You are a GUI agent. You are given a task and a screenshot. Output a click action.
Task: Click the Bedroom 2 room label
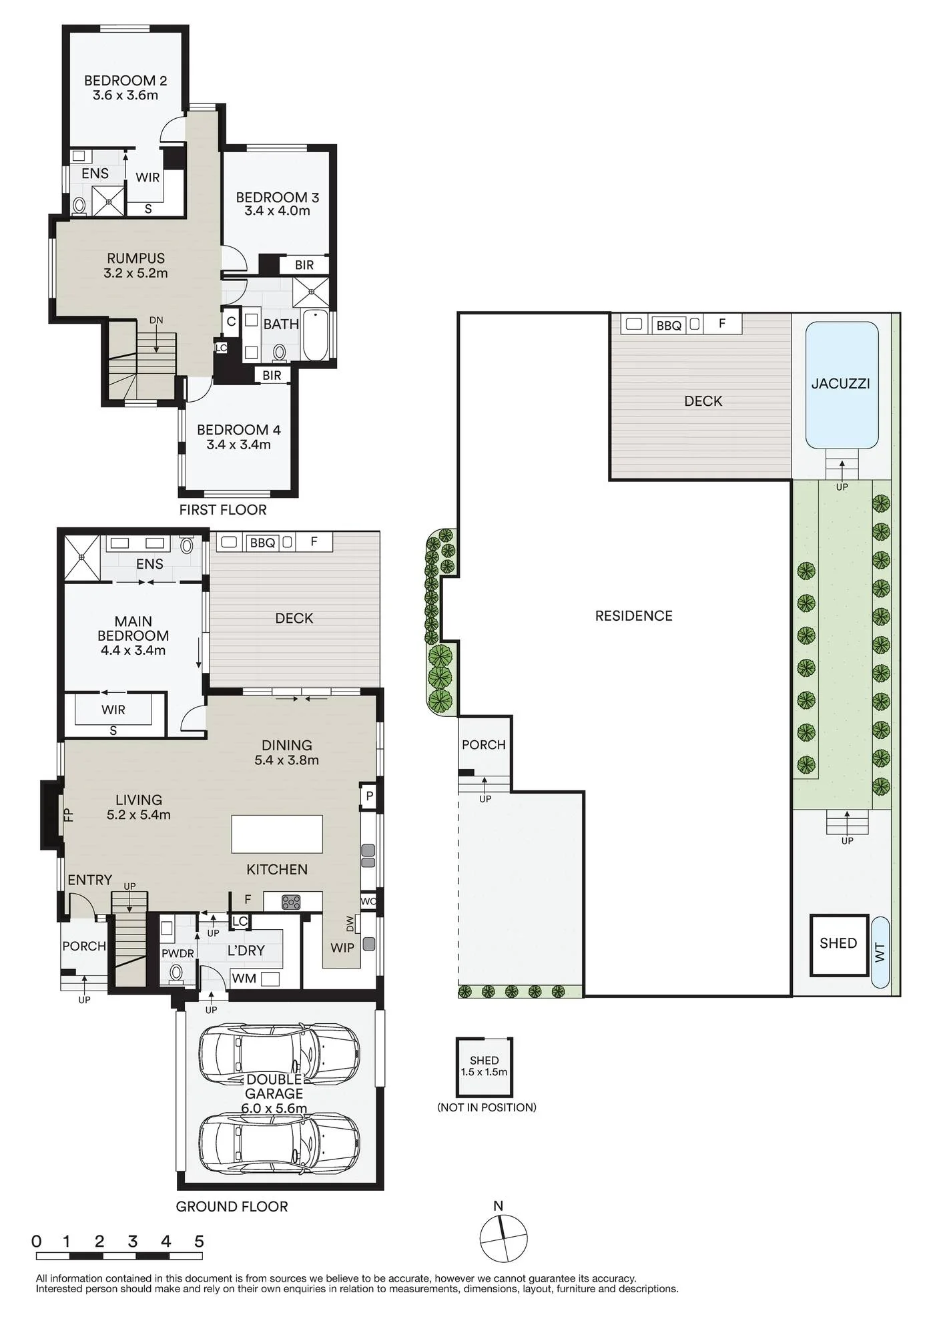click(x=125, y=81)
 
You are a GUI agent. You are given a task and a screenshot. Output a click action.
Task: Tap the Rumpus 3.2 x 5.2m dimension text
click(x=135, y=273)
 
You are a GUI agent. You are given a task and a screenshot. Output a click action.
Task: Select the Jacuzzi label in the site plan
click(x=840, y=384)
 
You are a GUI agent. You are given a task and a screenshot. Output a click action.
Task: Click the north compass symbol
click(x=503, y=1238)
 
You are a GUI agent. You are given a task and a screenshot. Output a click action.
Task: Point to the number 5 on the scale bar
click(x=199, y=1242)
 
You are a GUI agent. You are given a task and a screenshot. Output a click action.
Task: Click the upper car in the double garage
click(x=279, y=1054)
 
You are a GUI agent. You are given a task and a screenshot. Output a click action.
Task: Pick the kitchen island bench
click(x=277, y=834)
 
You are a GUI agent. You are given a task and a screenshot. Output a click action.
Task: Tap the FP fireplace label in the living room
click(x=67, y=814)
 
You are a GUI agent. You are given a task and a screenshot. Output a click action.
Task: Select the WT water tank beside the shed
click(x=880, y=952)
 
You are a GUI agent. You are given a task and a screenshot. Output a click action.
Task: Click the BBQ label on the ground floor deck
click(x=262, y=543)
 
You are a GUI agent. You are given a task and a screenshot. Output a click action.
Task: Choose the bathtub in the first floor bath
click(x=316, y=335)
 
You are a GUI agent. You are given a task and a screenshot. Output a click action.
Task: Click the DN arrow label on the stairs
click(x=156, y=320)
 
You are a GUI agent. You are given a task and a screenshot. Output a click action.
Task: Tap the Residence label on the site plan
click(x=634, y=616)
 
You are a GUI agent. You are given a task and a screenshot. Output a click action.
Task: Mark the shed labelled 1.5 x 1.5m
click(x=485, y=1067)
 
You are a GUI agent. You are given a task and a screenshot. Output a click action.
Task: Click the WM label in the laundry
click(x=244, y=979)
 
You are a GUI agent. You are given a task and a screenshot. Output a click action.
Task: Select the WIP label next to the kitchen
click(x=342, y=947)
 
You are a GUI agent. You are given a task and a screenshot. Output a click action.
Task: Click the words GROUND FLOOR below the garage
click(x=232, y=1207)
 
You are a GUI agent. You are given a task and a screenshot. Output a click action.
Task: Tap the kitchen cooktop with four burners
click(x=292, y=902)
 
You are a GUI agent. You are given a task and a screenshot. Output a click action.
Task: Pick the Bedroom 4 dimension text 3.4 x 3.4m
click(x=238, y=445)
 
